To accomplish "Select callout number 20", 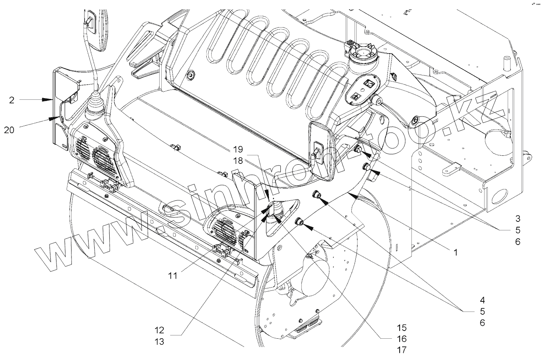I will pos(9,130).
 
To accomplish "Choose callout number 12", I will pos(160,330).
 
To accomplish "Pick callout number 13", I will pos(160,342).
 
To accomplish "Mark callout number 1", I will pos(455,252).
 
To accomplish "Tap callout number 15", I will pos(402,327).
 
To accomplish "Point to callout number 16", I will pos(402,338).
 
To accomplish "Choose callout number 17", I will pos(402,350).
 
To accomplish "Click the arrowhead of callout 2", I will pos(52,99).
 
